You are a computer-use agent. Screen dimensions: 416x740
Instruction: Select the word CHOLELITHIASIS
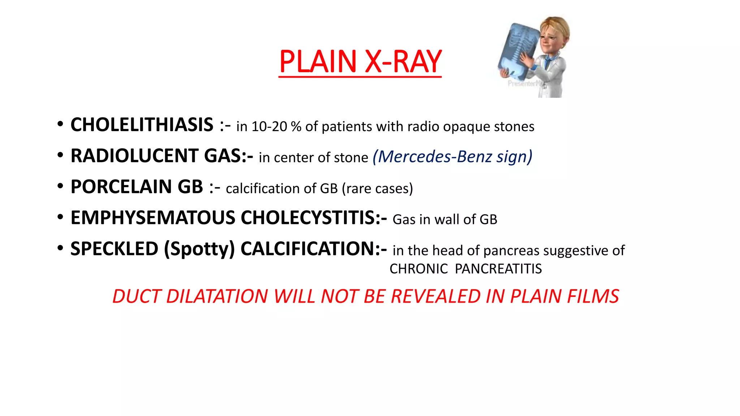tap(142, 125)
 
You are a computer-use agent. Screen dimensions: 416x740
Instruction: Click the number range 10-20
tap(269, 127)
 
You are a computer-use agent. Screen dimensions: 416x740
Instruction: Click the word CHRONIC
tap(418, 269)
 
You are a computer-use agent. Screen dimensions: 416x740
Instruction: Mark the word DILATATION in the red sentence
tap(217, 296)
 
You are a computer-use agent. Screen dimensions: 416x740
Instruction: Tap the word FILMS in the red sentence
tap(593, 296)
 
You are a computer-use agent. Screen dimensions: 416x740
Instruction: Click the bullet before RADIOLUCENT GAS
tap(60, 155)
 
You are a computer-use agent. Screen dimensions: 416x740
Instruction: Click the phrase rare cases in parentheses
tap(377, 188)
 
